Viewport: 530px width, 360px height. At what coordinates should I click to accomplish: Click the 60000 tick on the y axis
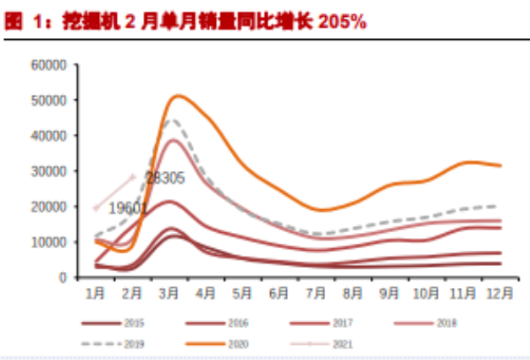(x=49, y=64)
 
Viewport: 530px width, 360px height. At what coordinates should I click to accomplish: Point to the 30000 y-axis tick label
(x=49, y=171)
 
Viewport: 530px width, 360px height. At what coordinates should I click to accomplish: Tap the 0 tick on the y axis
(x=63, y=277)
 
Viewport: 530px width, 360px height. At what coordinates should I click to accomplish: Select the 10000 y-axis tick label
(x=49, y=241)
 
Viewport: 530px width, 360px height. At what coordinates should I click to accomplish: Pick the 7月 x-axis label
(x=317, y=293)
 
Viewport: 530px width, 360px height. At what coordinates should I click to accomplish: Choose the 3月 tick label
(x=168, y=293)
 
